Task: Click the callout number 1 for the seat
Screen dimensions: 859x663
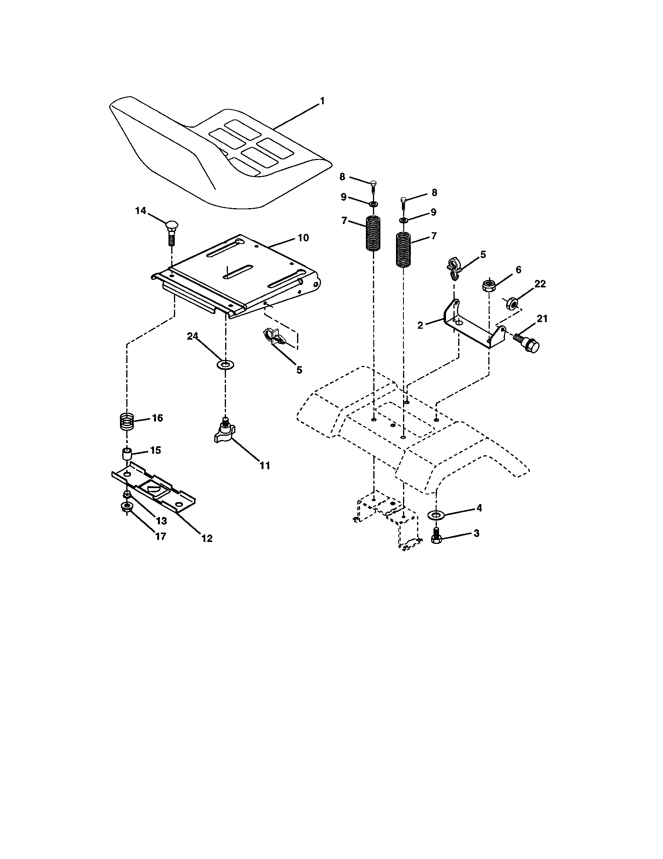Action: point(322,102)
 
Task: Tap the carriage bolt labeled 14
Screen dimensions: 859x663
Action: point(171,232)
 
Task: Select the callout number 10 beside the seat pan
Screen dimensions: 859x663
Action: point(303,238)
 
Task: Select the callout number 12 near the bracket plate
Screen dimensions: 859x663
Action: point(207,538)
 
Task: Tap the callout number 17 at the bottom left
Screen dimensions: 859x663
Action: point(160,536)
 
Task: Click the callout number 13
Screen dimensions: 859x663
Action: point(161,521)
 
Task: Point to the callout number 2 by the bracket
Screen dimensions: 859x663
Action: point(421,325)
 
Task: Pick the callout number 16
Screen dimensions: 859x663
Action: point(157,418)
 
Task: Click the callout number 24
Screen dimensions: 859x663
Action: point(192,336)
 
